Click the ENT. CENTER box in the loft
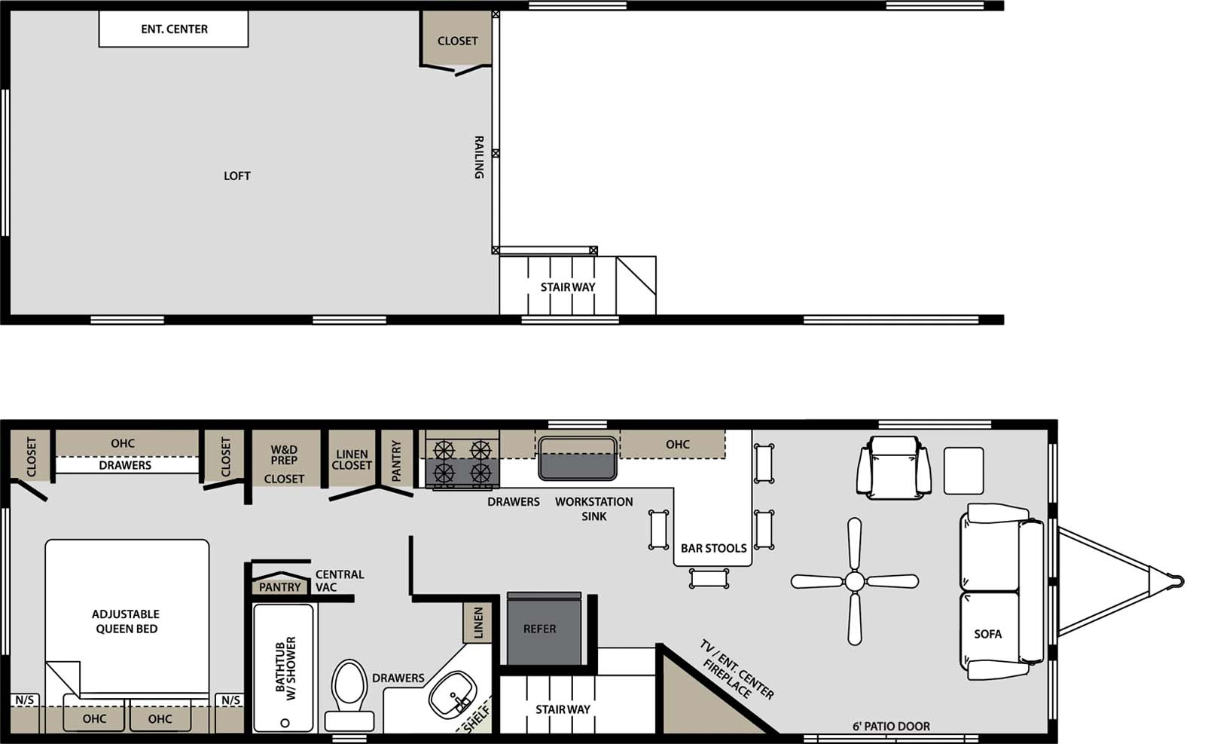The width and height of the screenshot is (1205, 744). (x=174, y=29)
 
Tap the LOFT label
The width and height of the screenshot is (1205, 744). (x=236, y=176)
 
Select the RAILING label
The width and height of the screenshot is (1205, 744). (x=478, y=158)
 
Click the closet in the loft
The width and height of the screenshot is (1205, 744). (x=457, y=41)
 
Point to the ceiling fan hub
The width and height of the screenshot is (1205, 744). (x=855, y=581)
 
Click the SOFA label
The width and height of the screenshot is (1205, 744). (x=987, y=634)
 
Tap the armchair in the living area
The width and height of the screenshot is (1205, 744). (x=893, y=467)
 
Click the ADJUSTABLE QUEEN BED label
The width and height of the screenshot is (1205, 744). (x=127, y=621)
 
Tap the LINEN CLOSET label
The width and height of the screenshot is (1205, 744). (x=352, y=459)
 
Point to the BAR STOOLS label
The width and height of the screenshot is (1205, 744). (x=713, y=548)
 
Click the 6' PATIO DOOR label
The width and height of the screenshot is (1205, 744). (x=891, y=726)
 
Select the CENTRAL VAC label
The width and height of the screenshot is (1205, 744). (x=339, y=580)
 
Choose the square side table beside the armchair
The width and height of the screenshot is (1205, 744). (x=963, y=470)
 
